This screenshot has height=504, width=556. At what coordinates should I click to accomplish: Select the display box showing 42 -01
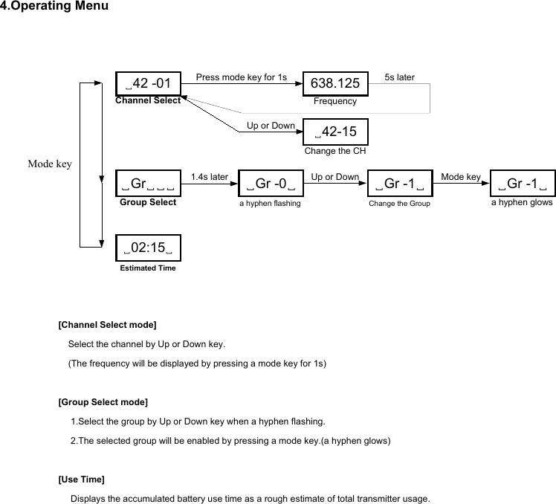pos(148,83)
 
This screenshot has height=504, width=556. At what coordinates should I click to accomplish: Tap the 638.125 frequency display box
pos(335,83)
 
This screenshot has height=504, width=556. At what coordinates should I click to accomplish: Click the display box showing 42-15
pos(335,132)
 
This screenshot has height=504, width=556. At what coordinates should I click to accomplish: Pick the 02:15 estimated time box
pos(148,248)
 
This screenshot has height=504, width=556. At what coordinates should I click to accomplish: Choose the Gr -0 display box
pos(270,184)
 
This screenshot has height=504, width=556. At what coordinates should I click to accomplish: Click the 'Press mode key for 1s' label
pos(241,77)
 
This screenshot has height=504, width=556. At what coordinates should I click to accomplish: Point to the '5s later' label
pos(400,77)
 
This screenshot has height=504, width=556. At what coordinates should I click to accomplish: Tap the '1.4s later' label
pos(209,177)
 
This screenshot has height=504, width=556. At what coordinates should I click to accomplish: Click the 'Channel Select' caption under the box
pos(148,100)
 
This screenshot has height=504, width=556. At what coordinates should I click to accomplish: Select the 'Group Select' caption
pos(148,201)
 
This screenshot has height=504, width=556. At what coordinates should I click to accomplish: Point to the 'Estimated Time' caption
pos(148,268)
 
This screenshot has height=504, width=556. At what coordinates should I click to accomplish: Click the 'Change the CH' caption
pos(335,151)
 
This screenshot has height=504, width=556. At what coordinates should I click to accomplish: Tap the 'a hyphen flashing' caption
pos(270,203)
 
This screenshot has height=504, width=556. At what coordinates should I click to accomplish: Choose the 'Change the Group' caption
pos(399,203)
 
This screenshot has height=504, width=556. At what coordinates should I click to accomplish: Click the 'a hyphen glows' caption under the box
pos(522,202)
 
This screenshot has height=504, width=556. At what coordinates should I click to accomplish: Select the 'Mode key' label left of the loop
pos(49,164)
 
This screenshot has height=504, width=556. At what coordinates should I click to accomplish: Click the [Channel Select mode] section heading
pos(107,325)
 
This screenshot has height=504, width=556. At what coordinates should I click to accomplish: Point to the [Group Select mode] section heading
pos(103,402)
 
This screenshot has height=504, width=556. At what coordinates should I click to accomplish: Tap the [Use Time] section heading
pos(81,479)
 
